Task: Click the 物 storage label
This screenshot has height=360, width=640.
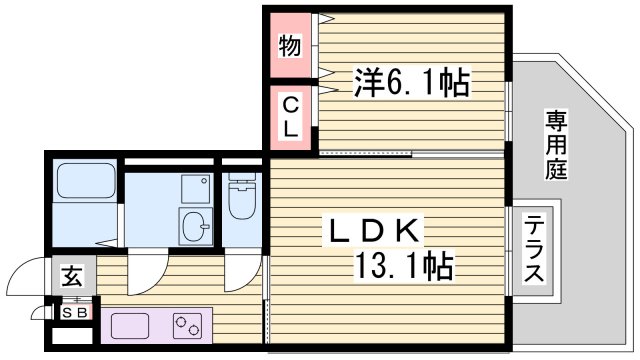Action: (289, 45)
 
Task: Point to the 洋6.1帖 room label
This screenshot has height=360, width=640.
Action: (411, 82)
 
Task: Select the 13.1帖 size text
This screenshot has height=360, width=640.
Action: (404, 266)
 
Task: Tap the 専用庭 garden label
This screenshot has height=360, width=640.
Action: (556, 146)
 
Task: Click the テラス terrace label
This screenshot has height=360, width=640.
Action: (535, 251)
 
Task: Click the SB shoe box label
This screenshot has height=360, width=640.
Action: (76, 312)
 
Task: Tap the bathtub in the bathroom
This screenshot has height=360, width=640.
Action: (84, 181)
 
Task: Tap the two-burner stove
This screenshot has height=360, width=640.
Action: (187, 324)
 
